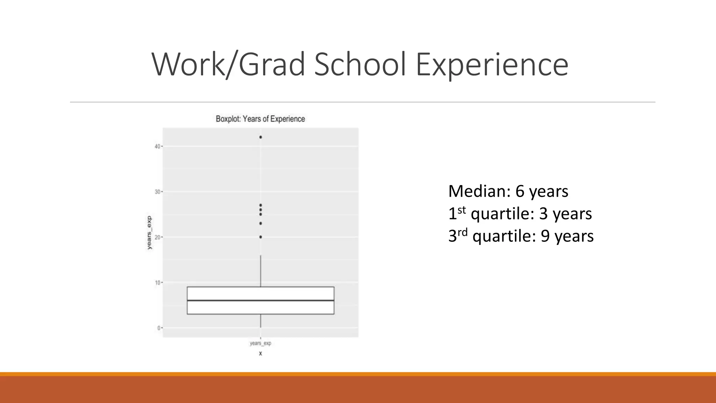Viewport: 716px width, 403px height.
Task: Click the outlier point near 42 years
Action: (x=260, y=137)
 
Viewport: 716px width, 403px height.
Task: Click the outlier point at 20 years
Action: (x=260, y=237)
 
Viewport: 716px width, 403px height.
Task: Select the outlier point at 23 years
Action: (x=260, y=223)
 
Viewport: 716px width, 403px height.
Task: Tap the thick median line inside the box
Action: (x=260, y=301)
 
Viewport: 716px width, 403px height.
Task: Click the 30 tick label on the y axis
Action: (x=157, y=192)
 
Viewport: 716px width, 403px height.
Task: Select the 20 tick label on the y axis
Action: (x=157, y=237)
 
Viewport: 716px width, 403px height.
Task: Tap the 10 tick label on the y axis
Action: (x=157, y=283)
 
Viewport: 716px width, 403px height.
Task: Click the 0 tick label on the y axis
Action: (x=158, y=328)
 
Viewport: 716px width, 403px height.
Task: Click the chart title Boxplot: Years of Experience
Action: (x=260, y=119)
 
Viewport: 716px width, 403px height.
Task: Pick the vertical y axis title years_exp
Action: (x=150, y=233)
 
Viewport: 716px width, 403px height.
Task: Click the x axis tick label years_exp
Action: (x=260, y=343)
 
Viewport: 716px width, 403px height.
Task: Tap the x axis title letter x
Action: (x=260, y=353)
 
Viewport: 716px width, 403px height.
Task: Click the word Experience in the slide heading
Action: (x=492, y=64)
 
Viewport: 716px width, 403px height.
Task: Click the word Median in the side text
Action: (x=479, y=191)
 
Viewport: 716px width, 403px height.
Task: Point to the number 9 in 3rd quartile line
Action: (x=545, y=236)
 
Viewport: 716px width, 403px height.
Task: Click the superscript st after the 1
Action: (x=461, y=210)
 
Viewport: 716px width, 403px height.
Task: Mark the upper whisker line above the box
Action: (x=260, y=271)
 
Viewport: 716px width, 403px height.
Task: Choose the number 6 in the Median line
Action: (x=520, y=191)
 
